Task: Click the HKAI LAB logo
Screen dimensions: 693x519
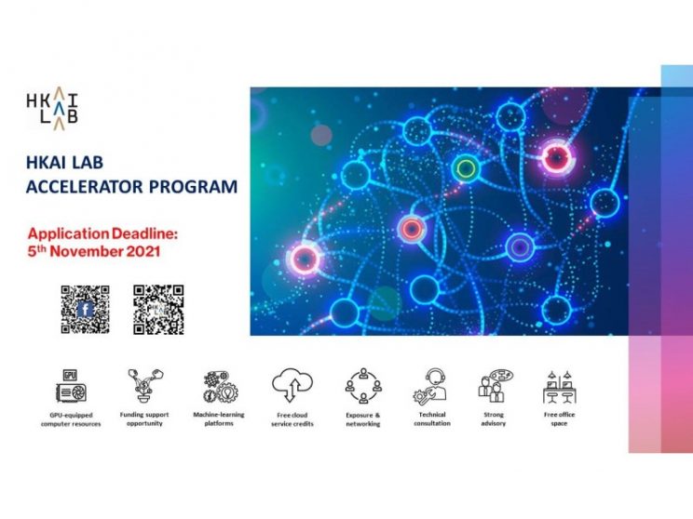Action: pos(52,109)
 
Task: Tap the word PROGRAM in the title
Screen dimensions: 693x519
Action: pos(193,187)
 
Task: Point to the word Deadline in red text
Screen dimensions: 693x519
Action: pos(143,233)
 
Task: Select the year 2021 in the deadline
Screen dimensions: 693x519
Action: pos(143,251)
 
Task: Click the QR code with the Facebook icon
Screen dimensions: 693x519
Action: pos(85,310)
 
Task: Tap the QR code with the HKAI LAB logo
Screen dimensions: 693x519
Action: pos(158,310)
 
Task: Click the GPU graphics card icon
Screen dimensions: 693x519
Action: pos(71,387)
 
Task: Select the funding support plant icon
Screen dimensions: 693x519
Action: pos(144,386)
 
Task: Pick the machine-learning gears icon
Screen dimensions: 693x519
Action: pos(220,387)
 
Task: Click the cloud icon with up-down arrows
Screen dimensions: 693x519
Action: pos(292,385)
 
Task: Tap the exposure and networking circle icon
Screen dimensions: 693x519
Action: pos(363,386)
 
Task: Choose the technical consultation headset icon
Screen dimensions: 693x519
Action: pos(431,387)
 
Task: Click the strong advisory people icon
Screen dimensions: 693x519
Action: pos(496,387)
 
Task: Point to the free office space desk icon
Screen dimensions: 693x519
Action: pos(560,387)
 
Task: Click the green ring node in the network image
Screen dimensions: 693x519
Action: pos(466,168)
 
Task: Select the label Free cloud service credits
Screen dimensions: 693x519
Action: pos(292,419)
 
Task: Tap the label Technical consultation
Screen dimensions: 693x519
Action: pos(432,419)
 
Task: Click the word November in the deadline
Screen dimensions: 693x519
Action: pos(87,251)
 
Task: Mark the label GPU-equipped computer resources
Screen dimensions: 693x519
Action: pos(71,419)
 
